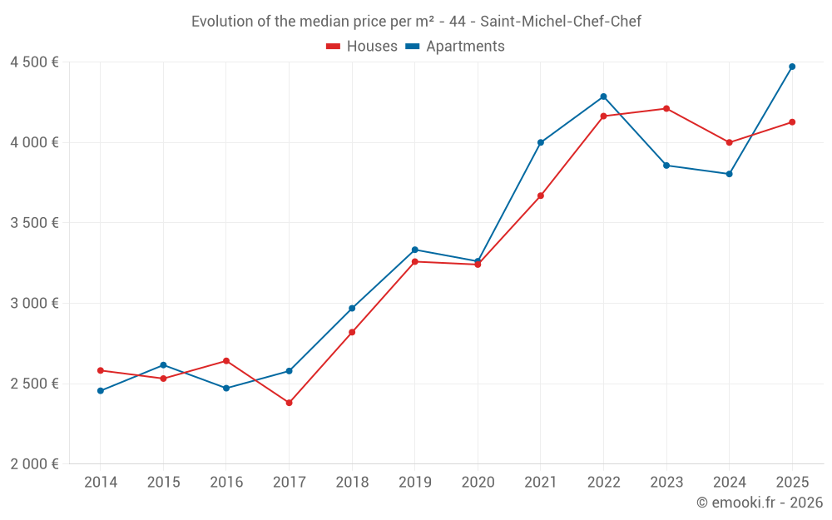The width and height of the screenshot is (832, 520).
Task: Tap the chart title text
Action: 416,22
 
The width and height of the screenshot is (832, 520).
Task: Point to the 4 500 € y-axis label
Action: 35,62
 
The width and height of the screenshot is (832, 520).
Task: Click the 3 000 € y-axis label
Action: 35,304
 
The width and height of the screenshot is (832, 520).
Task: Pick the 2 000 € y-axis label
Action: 35,464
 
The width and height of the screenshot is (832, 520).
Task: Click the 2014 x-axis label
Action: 101,483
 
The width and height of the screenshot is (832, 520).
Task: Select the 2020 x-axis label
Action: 478,483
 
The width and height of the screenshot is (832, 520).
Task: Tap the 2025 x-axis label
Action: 792,483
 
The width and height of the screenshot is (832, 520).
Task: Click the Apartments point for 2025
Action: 792,67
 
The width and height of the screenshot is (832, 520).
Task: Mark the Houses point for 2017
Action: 289,403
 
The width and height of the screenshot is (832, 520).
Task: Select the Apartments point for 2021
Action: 541,142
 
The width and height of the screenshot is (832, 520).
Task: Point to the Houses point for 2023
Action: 666,108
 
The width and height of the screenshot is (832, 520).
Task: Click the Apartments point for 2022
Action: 603,97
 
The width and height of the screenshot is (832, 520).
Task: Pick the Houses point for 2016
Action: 226,361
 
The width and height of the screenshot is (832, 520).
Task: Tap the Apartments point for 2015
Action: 163,365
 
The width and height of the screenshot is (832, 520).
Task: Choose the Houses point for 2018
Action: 352,332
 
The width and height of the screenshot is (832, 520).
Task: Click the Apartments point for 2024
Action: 729,174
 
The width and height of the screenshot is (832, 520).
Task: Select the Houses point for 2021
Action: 541,196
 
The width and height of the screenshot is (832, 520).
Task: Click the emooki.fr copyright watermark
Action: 760,503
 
